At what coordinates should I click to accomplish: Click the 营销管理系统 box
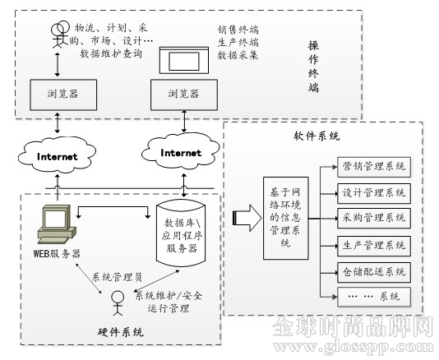[x=374, y=167]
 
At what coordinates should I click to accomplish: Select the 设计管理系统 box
[x=374, y=193]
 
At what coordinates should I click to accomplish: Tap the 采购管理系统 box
[x=374, y=218]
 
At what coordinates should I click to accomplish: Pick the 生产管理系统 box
[x=374, y=246]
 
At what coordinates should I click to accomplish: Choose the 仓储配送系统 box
[x=374, y=272]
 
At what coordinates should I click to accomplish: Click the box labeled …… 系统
[x=374, y=297]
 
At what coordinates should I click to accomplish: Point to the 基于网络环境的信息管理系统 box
[x=286, y=218]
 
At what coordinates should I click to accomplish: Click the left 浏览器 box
[x=63, y=95]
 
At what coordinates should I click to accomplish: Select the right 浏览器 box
[x=184, y=95]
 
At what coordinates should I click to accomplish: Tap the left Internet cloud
[x=57, y=155]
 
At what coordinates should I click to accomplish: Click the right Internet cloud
[x=181, y=151]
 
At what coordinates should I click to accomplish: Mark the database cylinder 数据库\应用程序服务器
[x=181, y=233]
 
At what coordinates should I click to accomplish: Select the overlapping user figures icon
[x=60, y=35]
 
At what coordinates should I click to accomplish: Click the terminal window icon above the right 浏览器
[x=184, y=60]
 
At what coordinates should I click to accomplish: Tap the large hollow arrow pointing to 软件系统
[x=247, y=218]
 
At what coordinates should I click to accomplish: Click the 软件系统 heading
[x=317, y=136]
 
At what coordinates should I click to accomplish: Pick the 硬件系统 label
[x=121, y=332]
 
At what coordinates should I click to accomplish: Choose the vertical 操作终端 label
[x=313, y=67]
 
